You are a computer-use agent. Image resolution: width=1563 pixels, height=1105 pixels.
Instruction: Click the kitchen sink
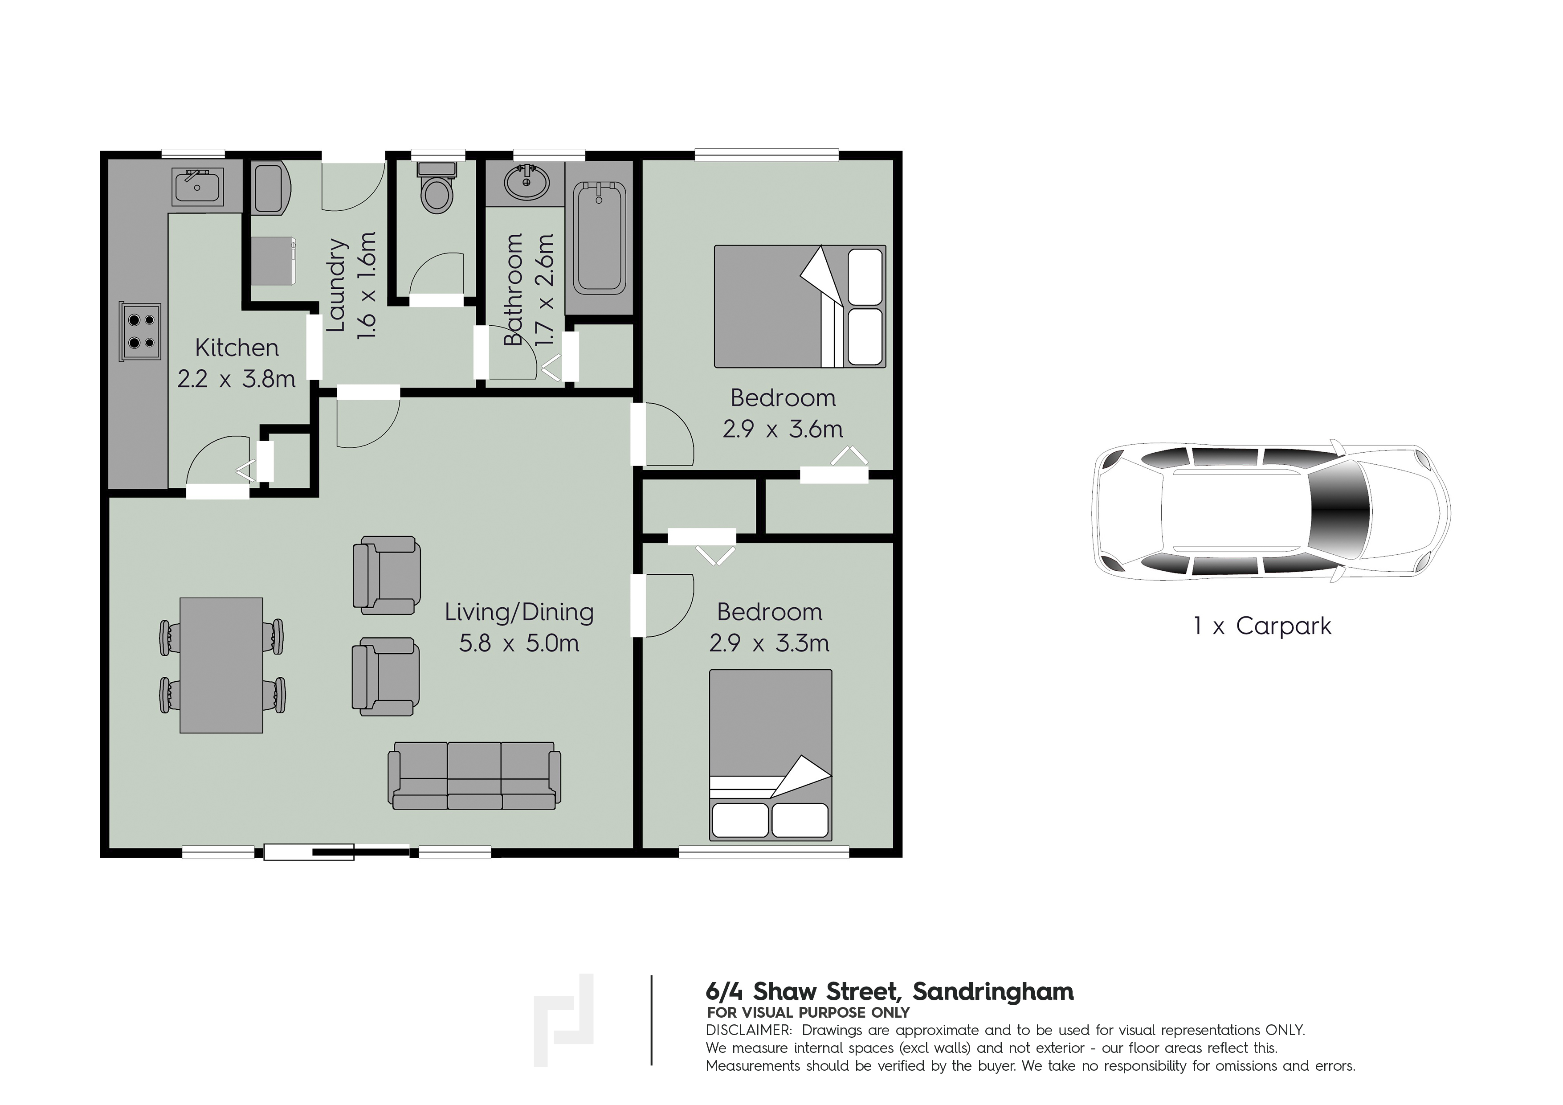[x=197, y=185]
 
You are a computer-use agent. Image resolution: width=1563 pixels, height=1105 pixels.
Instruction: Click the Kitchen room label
[x=237, y=348]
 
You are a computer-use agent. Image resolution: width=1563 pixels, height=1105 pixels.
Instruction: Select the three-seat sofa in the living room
[x=474, y=775]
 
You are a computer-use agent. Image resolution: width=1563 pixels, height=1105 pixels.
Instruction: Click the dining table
[x=221, y=665]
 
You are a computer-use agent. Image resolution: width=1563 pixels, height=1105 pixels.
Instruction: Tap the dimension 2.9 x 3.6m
[x=783, y=429]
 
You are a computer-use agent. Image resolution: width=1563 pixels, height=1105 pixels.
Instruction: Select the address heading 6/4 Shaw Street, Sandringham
[x=890, y=991]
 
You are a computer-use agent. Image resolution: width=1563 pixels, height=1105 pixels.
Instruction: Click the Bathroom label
[x=513, y=289]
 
